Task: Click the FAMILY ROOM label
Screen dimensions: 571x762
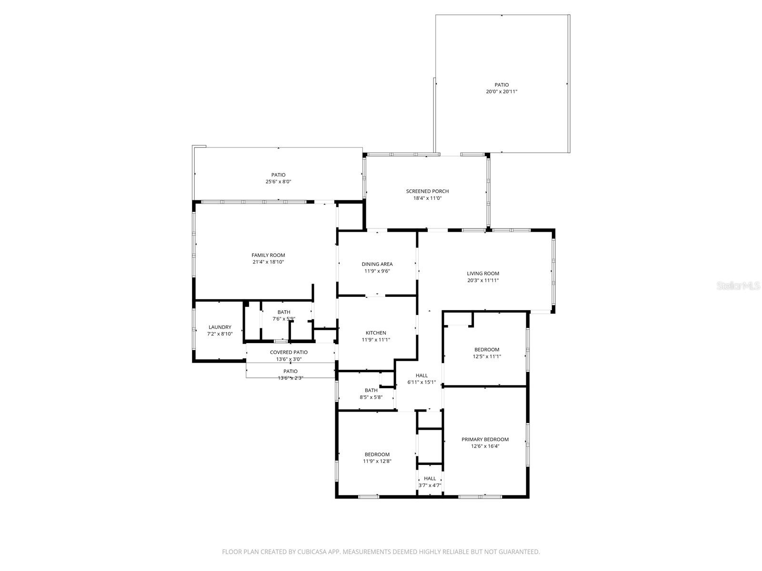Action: [268, 256]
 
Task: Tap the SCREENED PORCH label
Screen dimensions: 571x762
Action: [427, 191]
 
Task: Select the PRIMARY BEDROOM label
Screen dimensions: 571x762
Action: [485, 440]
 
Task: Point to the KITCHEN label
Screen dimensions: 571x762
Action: [376, 333]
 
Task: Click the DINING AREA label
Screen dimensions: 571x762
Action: [377, 264]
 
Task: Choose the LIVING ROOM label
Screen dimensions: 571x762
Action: [483, 274]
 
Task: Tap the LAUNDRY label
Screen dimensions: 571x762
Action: [220, 327]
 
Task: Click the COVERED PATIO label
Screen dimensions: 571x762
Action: [289, 353]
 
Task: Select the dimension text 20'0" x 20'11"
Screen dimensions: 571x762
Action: [501, 92]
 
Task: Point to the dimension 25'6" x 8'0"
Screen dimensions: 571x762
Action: [278, 182]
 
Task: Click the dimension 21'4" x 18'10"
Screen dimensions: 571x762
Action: [268, 262]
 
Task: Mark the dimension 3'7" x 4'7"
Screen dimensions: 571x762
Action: [430, 485]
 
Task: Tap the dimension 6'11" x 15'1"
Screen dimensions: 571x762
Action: [421, 382]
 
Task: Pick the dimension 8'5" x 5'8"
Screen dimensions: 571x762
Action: [371, 397]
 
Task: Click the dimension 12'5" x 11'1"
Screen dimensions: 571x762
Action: [487, 356]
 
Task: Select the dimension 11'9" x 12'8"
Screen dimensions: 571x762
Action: [377, 461]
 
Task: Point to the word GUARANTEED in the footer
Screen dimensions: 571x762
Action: [519, 552]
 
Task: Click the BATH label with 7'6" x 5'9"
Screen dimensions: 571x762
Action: [284, 312]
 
